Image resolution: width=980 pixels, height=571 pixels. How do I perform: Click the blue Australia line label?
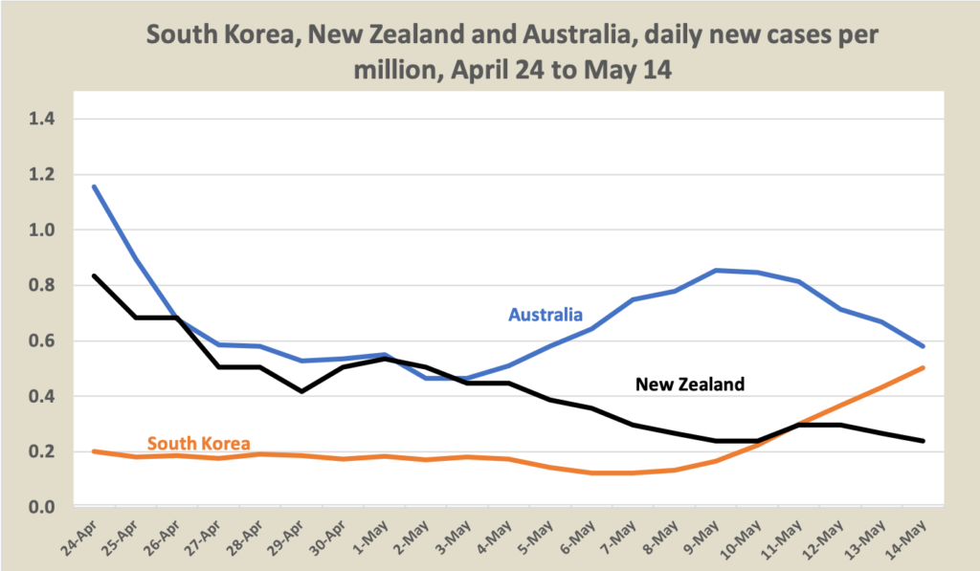point(546,313)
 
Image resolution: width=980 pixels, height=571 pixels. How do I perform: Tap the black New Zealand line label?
point(690,384)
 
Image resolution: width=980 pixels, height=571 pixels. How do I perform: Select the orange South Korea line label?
point(198,444)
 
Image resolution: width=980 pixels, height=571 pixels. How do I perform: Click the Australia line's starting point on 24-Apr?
point(94,187)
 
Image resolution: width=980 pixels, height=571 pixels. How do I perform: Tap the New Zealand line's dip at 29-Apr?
point(302,391)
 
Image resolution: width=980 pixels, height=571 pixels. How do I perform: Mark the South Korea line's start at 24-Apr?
point(94,450)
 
